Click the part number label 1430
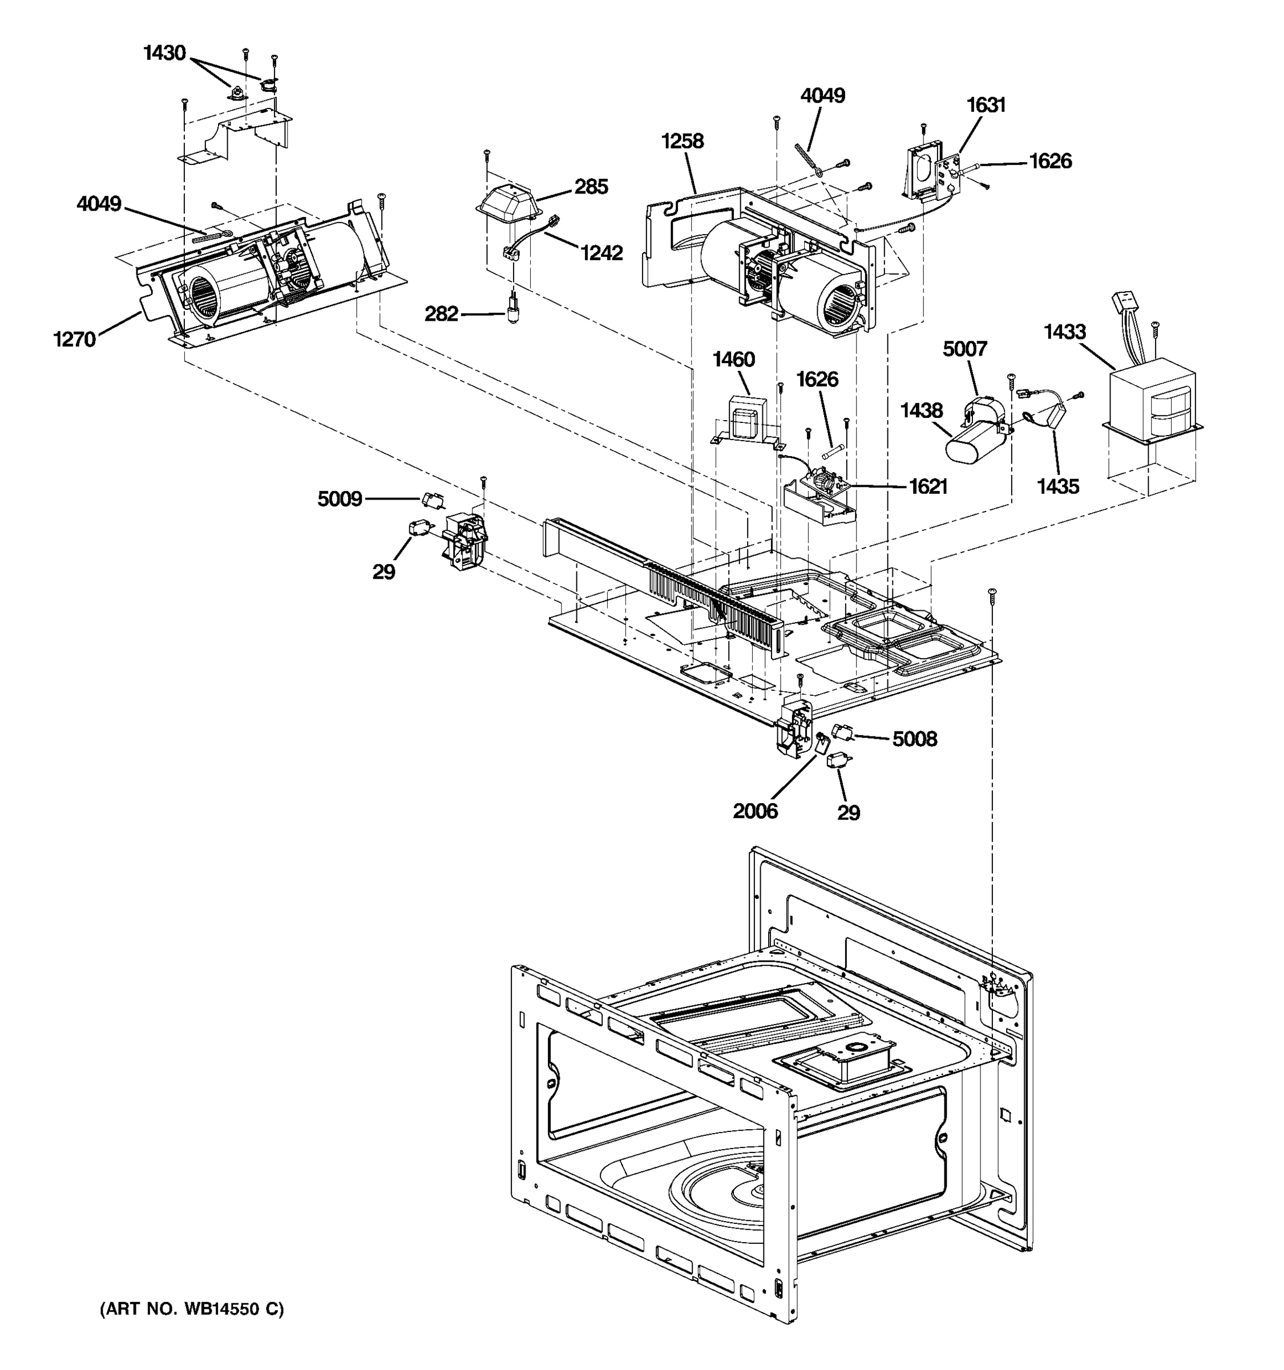point(164,53)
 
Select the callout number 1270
point(74,339)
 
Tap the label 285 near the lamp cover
point(591,187)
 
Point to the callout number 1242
point(601,253)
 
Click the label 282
point(441,315)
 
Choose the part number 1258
point(682,141)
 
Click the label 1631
point(986,105)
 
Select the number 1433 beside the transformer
point(1064,332)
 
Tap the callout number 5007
point(964,349)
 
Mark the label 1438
point(921,411)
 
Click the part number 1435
point(1058,486)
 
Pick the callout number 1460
point(734,360)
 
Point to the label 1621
point(928,486)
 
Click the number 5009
point(340,499)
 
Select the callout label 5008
point(914,739)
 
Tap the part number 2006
point(755,811)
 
